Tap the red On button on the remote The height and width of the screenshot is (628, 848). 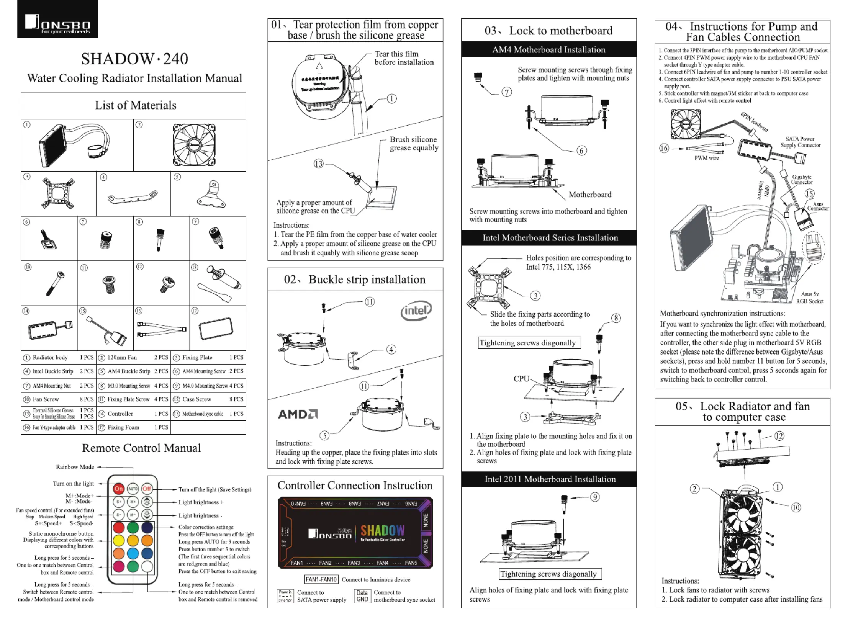coord(119,489)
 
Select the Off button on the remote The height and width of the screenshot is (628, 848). coord(147,489)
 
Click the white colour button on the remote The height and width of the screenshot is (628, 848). coord(147,567)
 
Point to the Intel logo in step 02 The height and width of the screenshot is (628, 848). coord(416,311)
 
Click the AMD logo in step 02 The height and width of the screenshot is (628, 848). coord(298,414)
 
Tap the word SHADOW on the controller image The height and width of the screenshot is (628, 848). coord(382,531)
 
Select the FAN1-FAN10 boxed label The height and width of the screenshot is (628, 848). coord(321,579)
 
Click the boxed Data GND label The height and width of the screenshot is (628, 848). coord(362,596)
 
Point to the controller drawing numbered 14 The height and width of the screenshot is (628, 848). coord(50,329)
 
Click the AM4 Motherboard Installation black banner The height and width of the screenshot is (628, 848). coord(548,50)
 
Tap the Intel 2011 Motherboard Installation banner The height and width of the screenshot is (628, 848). coord(550,479)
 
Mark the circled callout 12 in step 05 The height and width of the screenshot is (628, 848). coord(779,436)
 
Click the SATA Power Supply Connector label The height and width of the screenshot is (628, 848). coord(800,142)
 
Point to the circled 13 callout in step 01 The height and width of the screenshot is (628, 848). coord(318,164)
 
